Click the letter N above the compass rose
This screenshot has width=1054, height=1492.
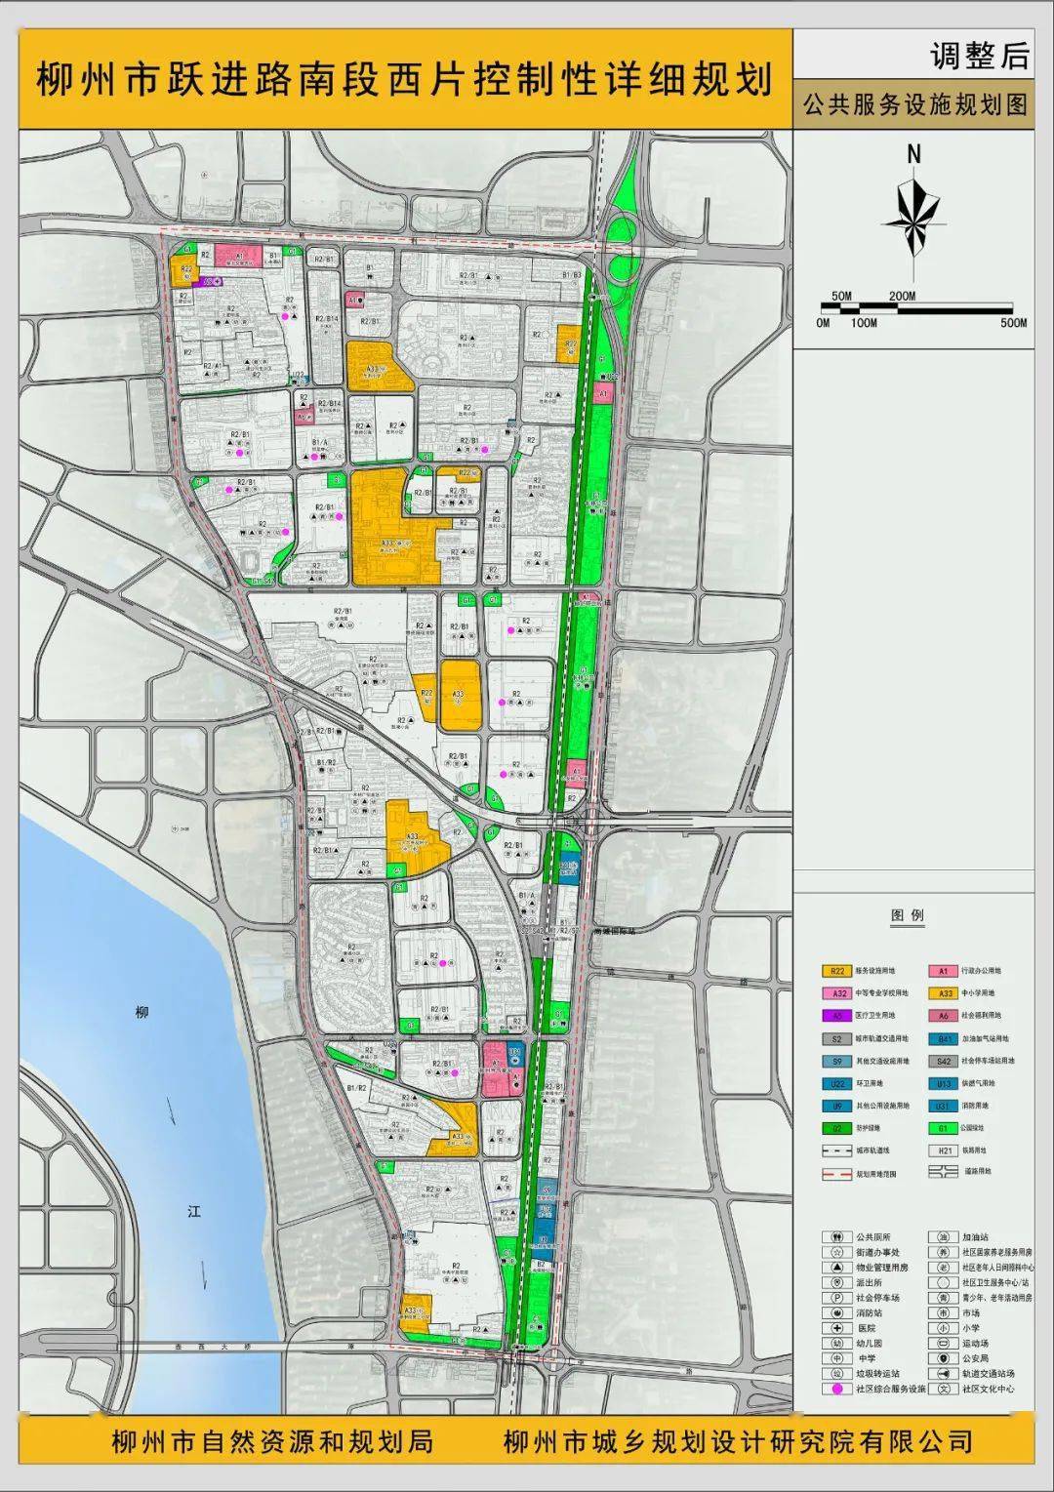pos(913,154)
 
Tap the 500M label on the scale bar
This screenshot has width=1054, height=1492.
pos(1013,323)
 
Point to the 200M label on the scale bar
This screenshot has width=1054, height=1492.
pos(902,296)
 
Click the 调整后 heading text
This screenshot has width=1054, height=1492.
pos(979,56)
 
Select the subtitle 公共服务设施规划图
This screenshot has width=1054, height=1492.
pos(914,105)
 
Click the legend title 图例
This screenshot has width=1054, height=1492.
pos(907,915)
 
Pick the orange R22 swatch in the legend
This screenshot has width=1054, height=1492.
pos(836,971)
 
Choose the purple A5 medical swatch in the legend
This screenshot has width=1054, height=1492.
pos(836,1016)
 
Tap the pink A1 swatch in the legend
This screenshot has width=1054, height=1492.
pos(943,971)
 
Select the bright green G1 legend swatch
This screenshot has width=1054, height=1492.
pos(943,1128)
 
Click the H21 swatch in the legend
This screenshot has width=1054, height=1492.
pos(943,1150)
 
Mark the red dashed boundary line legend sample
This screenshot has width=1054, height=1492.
pos(836,1174)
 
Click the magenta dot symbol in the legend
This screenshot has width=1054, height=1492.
pos(836,1389)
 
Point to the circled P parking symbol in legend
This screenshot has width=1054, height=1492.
pos(836,1298)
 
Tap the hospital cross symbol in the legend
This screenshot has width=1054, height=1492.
pos(836,1328)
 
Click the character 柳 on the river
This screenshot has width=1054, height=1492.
pos(143,1013)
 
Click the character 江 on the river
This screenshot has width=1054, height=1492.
pos(194,1211)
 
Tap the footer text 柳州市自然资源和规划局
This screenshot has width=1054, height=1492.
pos(271,1441)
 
